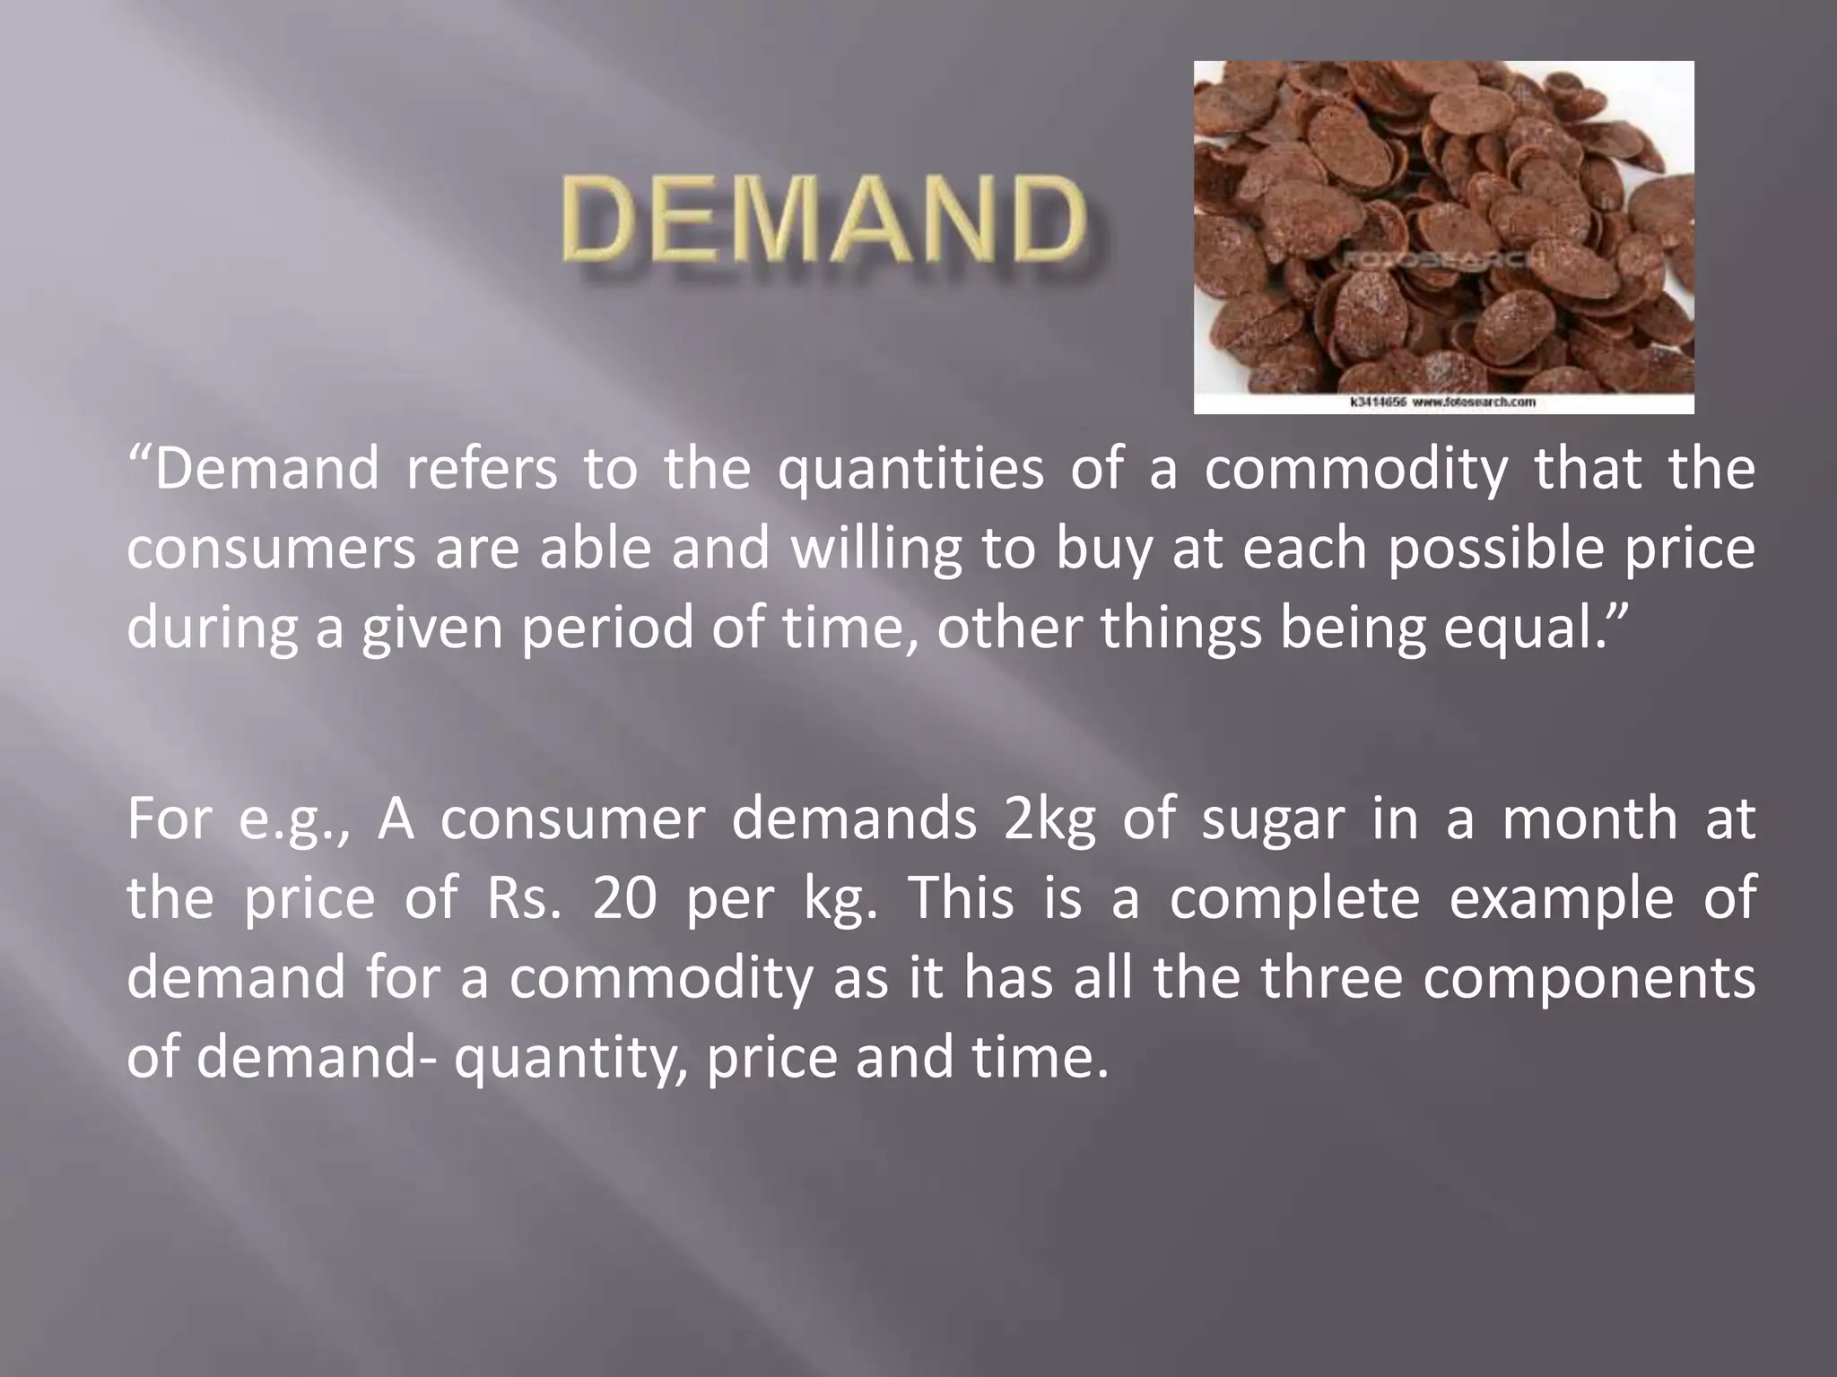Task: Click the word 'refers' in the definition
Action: click(481, 469)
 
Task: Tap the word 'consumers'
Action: click(271, 549)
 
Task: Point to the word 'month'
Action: click(1589, 818)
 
